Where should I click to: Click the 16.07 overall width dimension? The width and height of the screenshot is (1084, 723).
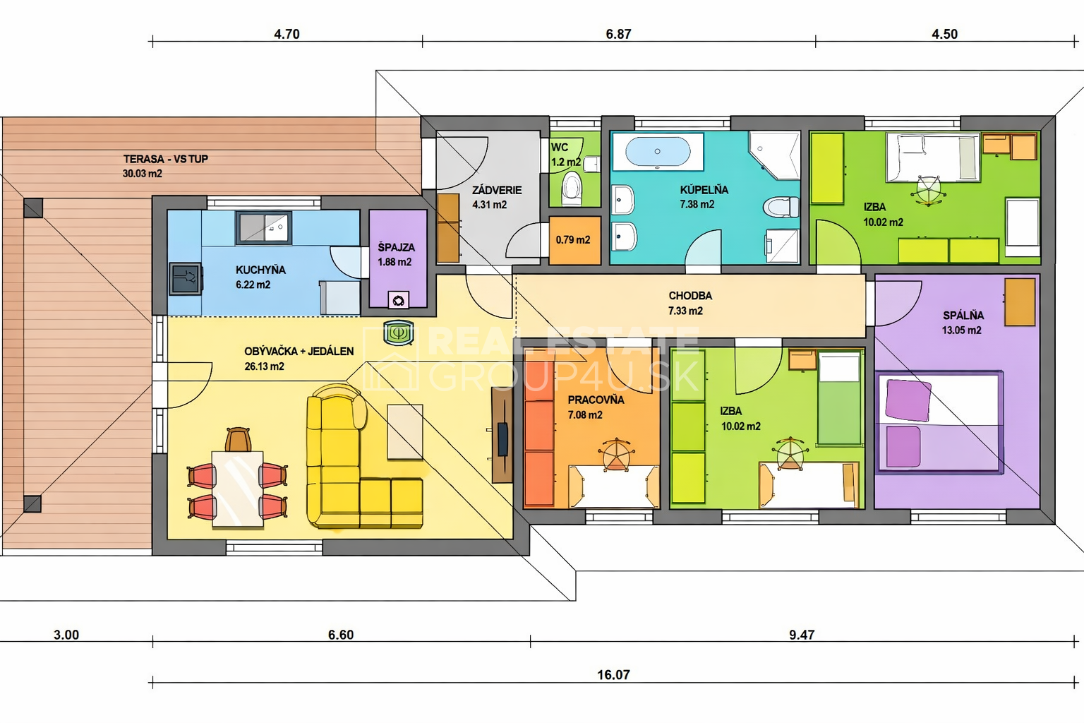[x=613, y=674]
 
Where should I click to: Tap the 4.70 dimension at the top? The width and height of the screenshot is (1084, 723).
[x=287, y=34]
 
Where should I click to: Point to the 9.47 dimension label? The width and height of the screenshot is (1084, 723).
[x=802, y=634]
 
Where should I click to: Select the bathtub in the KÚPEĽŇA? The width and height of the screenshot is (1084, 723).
[x=658, y=152]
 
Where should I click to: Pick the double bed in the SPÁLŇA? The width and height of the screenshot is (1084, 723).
[x=939, y=422]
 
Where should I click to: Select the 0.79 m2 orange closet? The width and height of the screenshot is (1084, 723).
[x=574, y=240]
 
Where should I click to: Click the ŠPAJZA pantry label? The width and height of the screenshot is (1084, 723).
[x=397, y=247]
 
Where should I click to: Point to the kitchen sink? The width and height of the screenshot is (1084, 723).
[x=264, y=227]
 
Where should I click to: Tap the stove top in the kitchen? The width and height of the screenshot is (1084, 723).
[x=186, y=278]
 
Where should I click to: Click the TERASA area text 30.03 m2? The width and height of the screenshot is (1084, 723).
[x=143, y=174]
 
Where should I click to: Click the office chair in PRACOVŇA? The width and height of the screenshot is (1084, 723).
[x=616, y=454]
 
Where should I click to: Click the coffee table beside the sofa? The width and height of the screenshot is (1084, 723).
[x=405, y=431]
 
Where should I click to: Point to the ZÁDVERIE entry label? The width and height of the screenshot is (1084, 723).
[x=497, y=190]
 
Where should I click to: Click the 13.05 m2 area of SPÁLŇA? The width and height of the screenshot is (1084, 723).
[x=962, y=330]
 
